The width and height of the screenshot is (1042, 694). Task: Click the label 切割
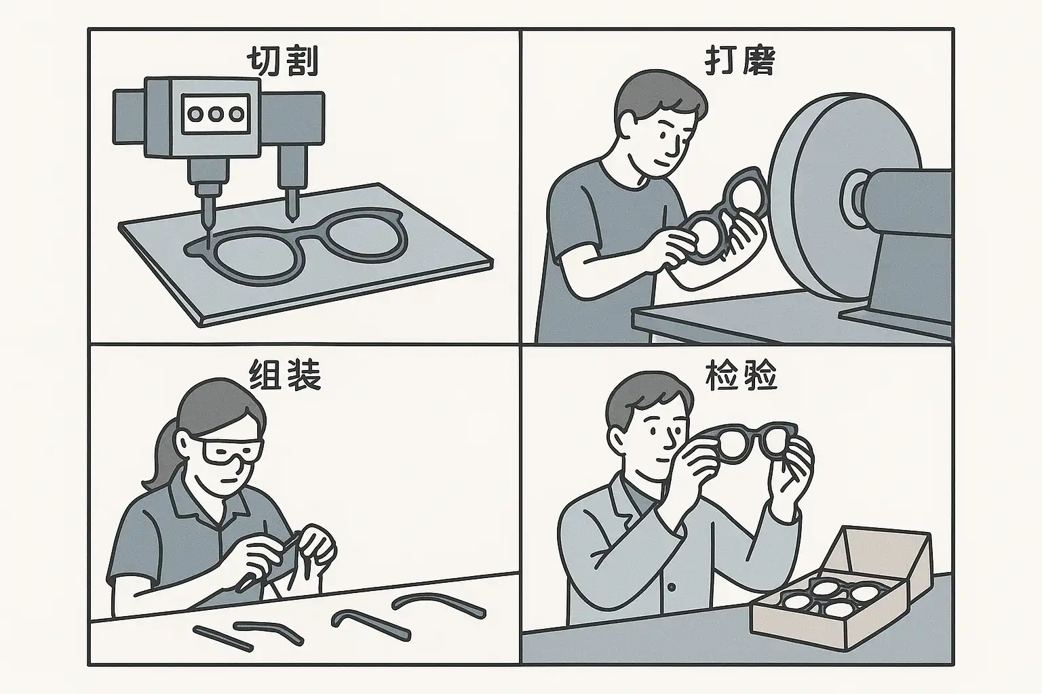(282, 63)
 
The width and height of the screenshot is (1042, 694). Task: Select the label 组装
(285, 375)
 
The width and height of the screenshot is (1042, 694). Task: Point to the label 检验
(741, 375)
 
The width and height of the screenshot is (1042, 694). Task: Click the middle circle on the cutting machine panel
(216, 114)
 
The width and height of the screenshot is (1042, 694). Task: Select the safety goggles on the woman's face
(231, 450)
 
